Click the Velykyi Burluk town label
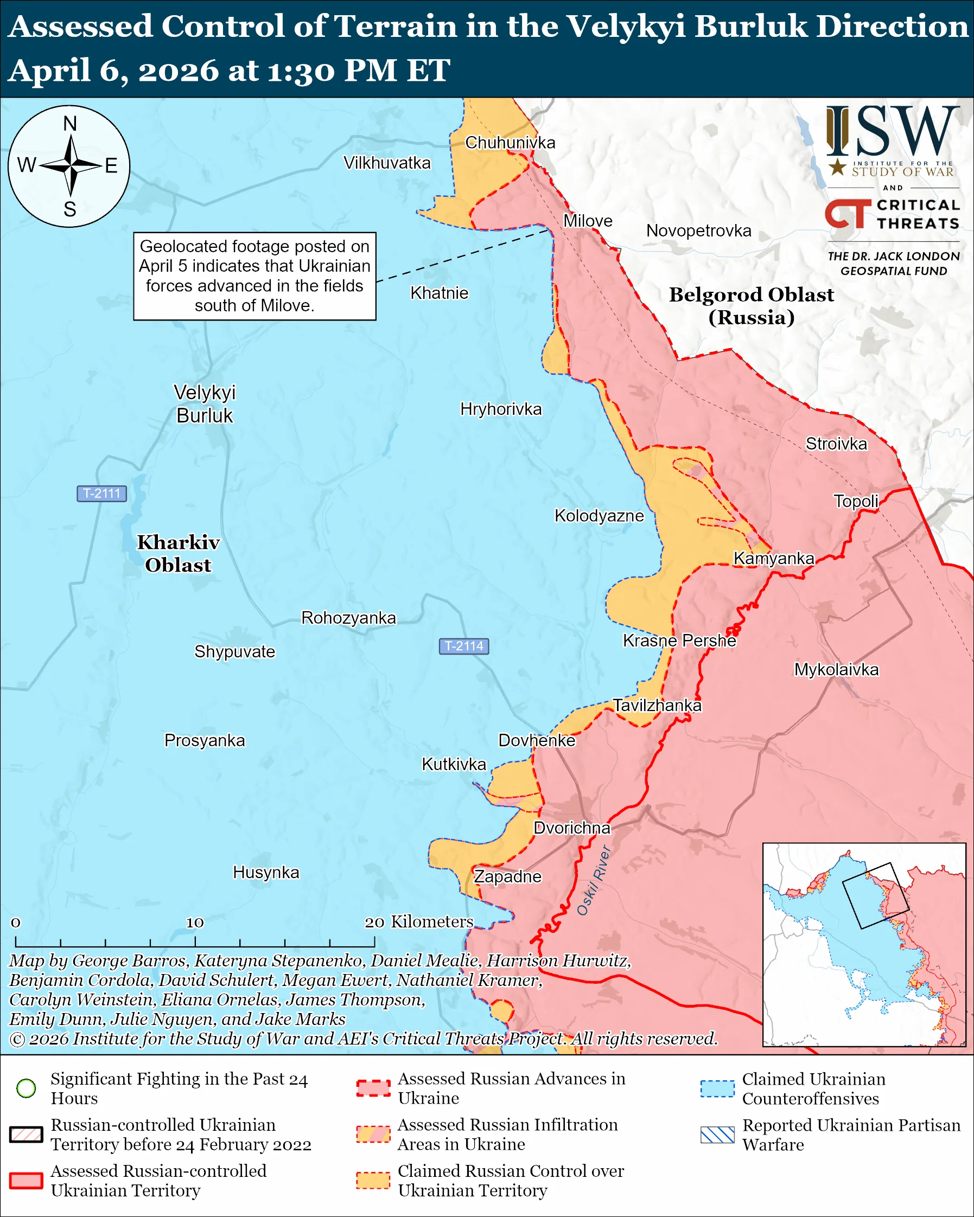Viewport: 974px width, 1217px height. pyautogui.click(x=205, y=403)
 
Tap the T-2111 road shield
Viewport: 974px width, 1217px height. pyautogui.click(x=101, y=494)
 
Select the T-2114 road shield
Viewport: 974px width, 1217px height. pyautogui.click(x=463, y=646)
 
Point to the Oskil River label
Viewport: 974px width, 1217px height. pyautogui.click(x=594, y=881)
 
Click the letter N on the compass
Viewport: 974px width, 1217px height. pyautogui.click(x=70, y=124)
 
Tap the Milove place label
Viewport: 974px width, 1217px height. pyautogui.click(x=588, y=221)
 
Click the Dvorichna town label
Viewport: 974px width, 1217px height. pyautogui.click(x=572, y=828)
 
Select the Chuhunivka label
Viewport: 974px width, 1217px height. pyautogui.click(x=510, y=143)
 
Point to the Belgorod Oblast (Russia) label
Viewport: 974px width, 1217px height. pyautogui.click(x=751, y=305)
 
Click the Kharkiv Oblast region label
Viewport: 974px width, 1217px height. pyautogui.click(x=179, y=553)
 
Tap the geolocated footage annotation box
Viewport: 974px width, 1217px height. pyautogui.click(x=254, y=276)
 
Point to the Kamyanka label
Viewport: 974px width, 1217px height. pyautogui.click(x=774, y=558)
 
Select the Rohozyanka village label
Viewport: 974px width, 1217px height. pyautogui.click(x=348, y=618)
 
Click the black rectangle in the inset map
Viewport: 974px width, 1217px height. pyautogui.click(x=875, y=896)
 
